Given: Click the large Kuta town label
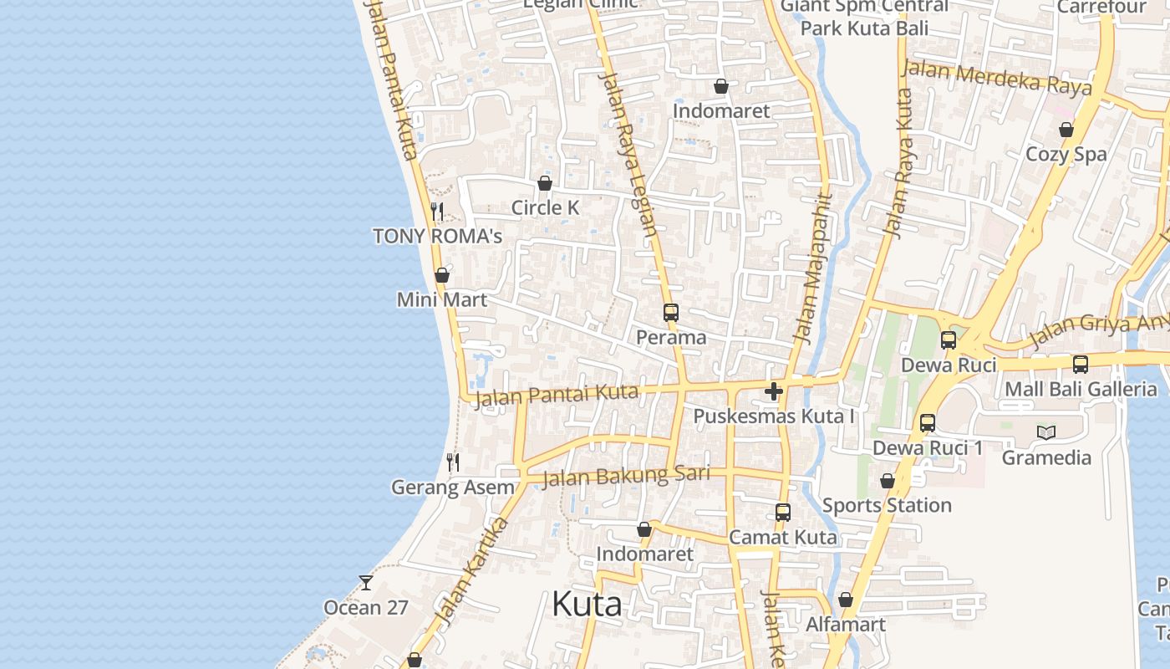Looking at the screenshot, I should click(x=587, y=605).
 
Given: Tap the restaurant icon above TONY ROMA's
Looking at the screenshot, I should click(x=436, y=211).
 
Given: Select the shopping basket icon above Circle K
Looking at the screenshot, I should click(x=545, y=183).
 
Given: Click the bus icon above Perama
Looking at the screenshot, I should click(x=670, y=313).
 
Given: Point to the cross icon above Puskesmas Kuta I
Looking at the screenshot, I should click(x=774, y=391).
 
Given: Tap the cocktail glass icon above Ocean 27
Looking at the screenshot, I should click(x=366, y=582).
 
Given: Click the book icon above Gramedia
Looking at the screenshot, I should click(x=1045, y=432).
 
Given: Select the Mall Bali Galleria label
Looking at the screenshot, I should click(x=1081, y=389).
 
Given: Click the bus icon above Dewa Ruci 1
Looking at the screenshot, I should click(x=928, y=423).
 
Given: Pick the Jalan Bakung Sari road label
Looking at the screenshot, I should click(x=626, y=477).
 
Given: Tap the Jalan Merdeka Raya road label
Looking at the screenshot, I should click(x=997, y=79).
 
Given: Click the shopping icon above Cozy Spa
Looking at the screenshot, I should click(x=1066, y=130).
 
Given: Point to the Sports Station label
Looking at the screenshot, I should click(x=887, y=505).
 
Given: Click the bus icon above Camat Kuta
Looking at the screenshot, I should click(x=782, y=513).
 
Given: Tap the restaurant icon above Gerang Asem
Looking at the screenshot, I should click(x=453, y=462).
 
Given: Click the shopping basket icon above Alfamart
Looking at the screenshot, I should click(x=845, y=600).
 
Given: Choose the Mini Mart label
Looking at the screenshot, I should click(x=441, y=299).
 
